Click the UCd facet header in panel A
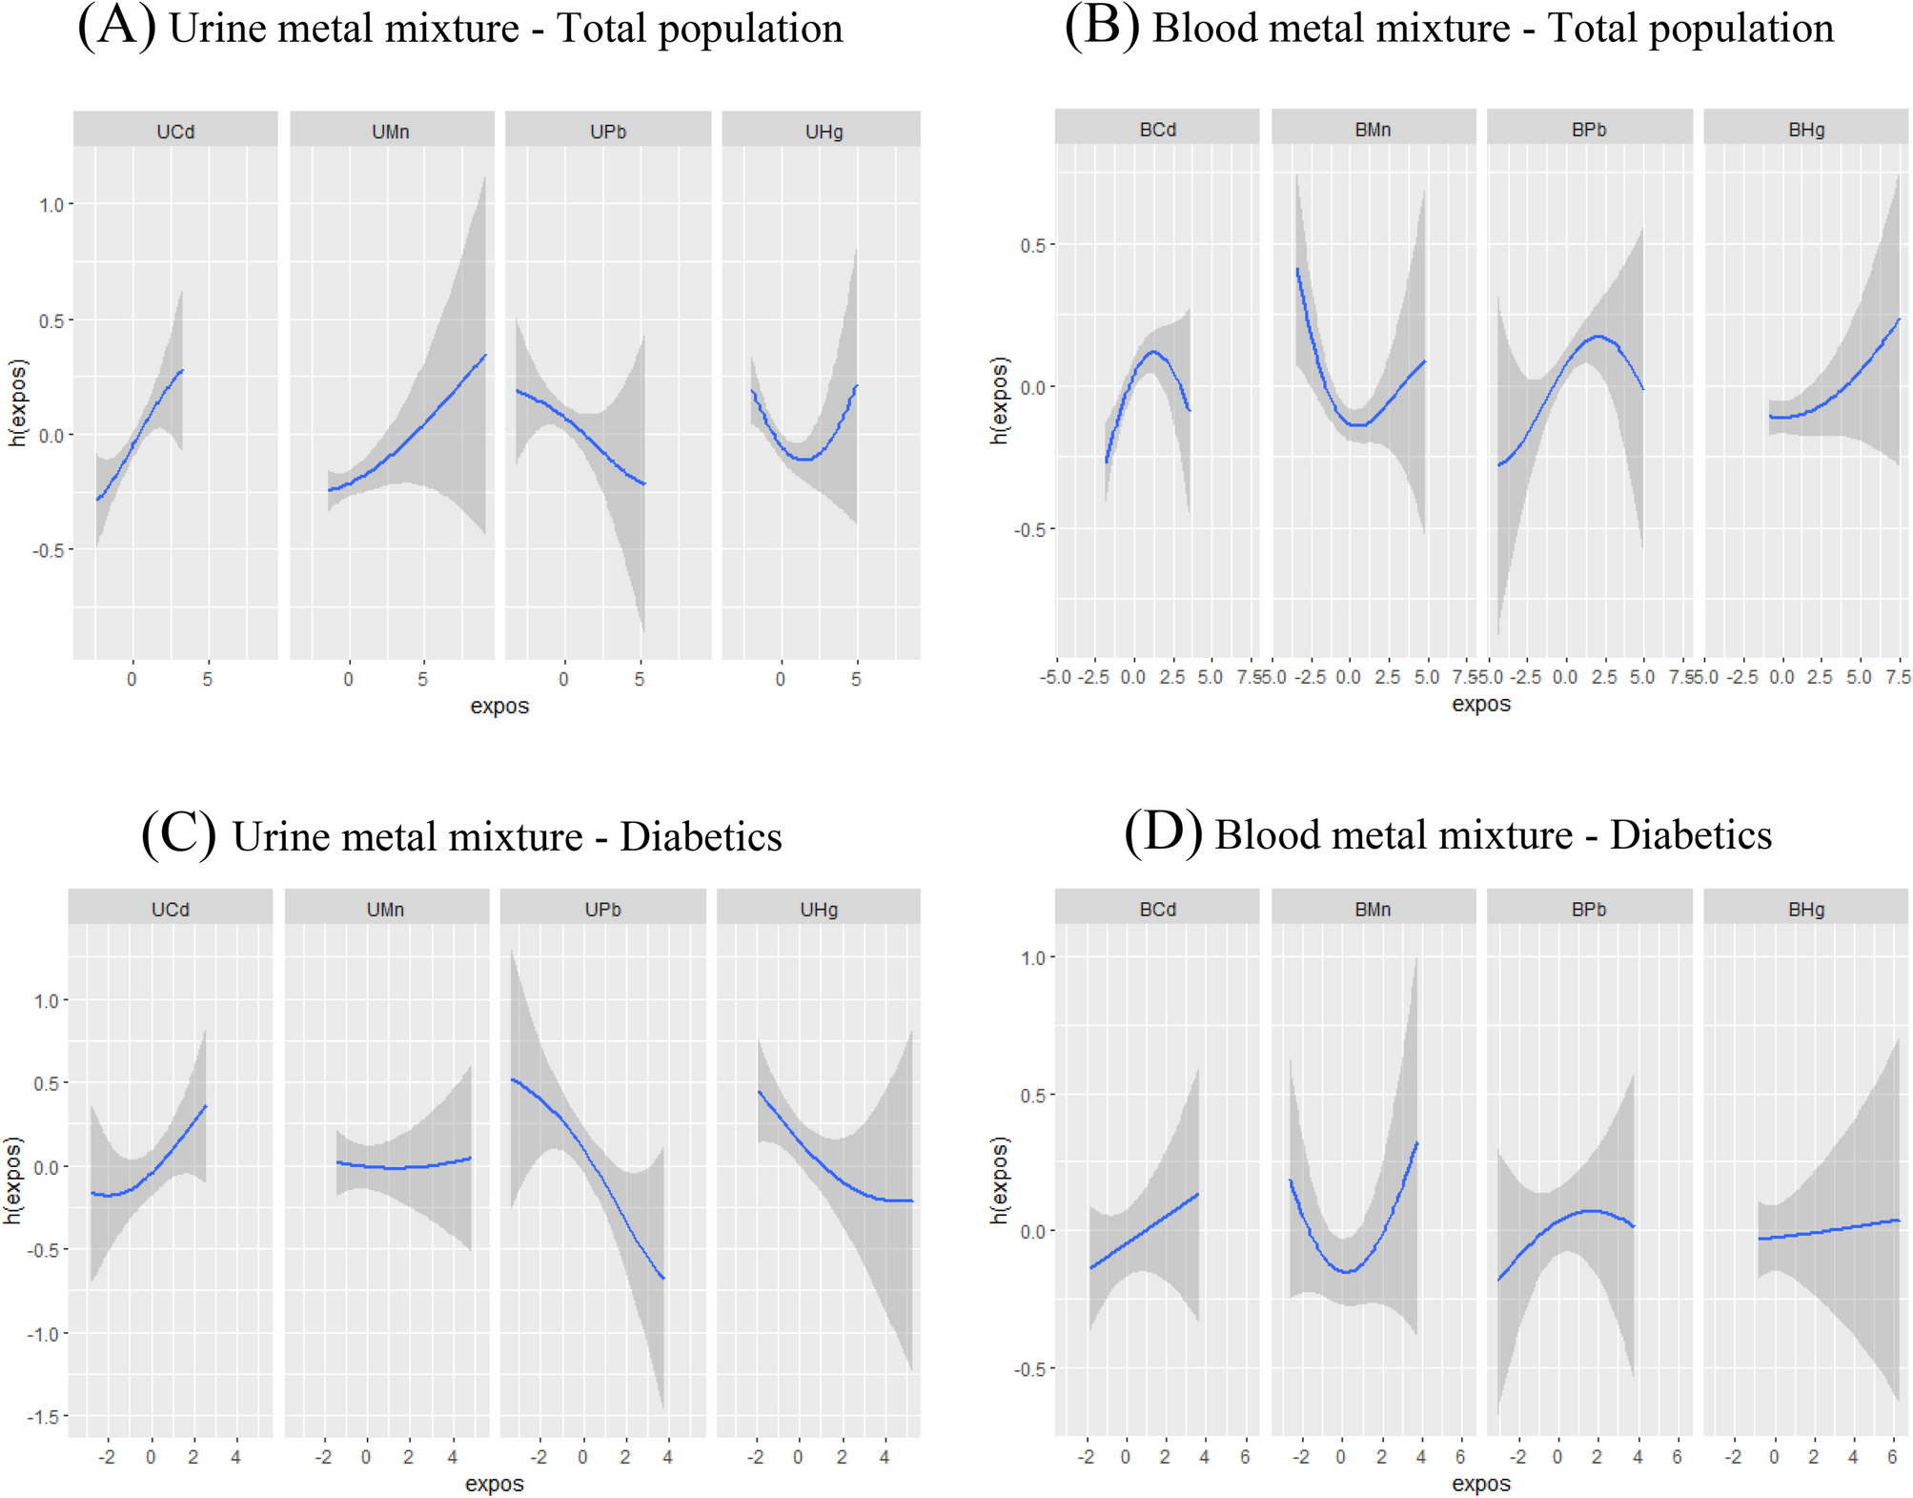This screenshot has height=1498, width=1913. [175, 132]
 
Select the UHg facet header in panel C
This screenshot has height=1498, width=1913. [819, 910]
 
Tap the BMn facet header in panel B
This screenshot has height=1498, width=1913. [1373, 130]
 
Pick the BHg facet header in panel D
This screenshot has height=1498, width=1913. [1806, 910]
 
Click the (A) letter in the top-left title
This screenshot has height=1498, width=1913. [116, 26]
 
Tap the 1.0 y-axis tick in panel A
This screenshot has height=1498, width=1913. [51, 205]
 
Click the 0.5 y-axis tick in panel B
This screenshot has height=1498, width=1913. [1032, 246]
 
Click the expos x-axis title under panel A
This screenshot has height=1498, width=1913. [499, 707]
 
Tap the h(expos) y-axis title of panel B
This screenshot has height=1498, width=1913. [998, 400]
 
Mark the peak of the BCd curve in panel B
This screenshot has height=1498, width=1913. [1154, 352]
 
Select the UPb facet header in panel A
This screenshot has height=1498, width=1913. [608, 132]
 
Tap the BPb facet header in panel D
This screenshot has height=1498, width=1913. [1589, 910]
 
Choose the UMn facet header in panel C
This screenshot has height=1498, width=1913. [386, 910]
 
